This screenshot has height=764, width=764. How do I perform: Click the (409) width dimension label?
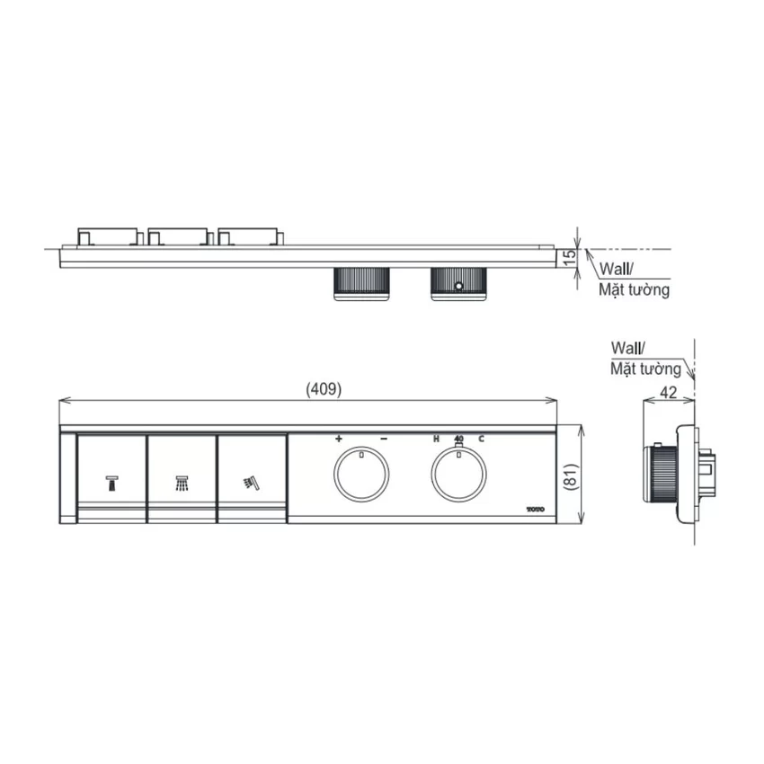324,389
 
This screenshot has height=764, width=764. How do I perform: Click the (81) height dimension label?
572,476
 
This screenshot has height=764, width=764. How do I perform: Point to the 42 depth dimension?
668,392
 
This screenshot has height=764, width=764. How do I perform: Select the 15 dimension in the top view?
570,257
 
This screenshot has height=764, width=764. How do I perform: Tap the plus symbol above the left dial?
339,439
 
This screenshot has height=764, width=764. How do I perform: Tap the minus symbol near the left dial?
384,439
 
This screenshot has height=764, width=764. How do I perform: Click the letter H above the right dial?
436,439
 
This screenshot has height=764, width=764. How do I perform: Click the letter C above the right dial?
482,439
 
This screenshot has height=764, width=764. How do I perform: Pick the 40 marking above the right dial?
458,439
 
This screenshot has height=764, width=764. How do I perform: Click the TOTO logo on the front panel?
536,510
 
